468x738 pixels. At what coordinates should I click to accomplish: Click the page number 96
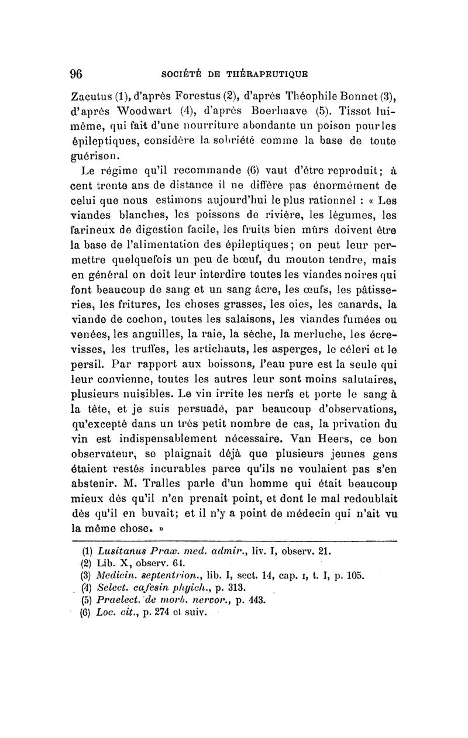77,74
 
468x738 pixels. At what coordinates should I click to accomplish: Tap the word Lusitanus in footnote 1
124,551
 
